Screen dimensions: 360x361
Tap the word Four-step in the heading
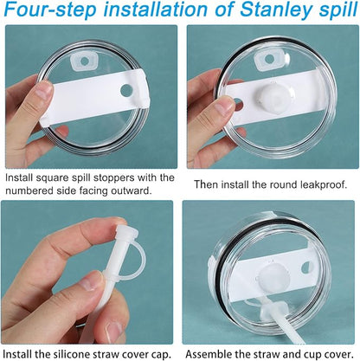pos(49,9)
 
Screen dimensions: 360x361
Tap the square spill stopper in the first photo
pos(84,61)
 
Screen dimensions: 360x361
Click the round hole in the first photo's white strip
pos(126,90)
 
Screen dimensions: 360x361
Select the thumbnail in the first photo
pos(45,89)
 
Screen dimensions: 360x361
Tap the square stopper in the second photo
pos(269,59)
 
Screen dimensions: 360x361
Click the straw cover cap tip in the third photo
pos(126,231)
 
